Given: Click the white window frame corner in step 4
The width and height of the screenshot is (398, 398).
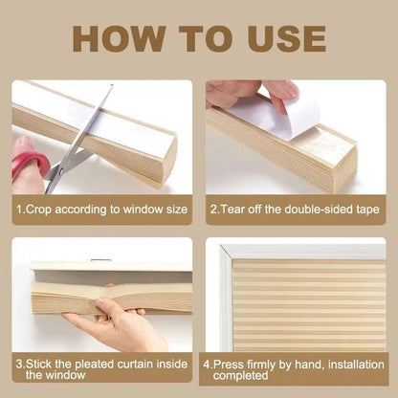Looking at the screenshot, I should tap(227, 251).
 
